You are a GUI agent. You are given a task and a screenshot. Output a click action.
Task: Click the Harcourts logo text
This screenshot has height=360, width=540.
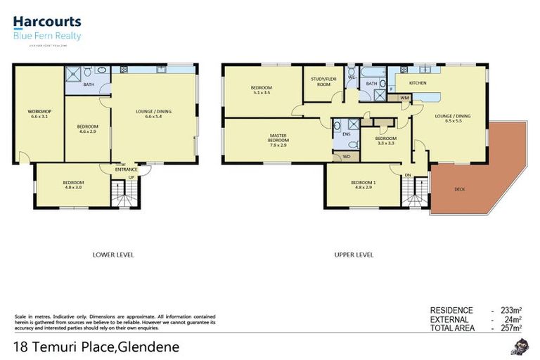pyautogui.click(x=47, y=23)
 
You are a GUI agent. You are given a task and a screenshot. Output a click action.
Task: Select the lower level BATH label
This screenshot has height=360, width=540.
pyautogui.click(x=89, y=85)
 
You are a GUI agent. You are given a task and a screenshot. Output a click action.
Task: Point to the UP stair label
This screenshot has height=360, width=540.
pyautogui.click(x=130, y=176)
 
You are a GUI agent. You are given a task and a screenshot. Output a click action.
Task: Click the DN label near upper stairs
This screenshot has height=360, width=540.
pyautogui.click(x=407, y=174)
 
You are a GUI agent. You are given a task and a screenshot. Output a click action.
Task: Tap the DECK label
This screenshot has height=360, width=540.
pyautogui.click(x=460, y=189)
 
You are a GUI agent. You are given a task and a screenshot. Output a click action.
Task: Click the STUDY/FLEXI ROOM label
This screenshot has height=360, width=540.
pyautogui.click(x=323, y=82)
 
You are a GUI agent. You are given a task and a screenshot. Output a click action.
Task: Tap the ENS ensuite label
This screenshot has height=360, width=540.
pyautogui.click(x=346, y=134)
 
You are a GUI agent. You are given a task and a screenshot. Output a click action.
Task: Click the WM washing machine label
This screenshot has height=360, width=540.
pyautogui.click(x=404, y=98)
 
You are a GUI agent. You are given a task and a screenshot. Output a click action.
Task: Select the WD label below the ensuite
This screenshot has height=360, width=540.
pyautogui.click(x=346, y=156)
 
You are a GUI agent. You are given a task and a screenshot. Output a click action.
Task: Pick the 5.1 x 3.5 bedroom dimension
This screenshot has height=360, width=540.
pyautogui.click(x=262, y=92)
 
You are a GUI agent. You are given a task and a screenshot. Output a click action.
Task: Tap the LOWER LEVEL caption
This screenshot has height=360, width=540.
pyautogui.click(x=113, y=255)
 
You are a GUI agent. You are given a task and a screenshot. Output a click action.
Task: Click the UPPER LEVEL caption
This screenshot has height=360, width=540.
pyautogui.click(x=354, y=255)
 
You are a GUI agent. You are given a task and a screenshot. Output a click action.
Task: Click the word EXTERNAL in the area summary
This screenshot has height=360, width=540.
pyautogui.click(x=451, y=319)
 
